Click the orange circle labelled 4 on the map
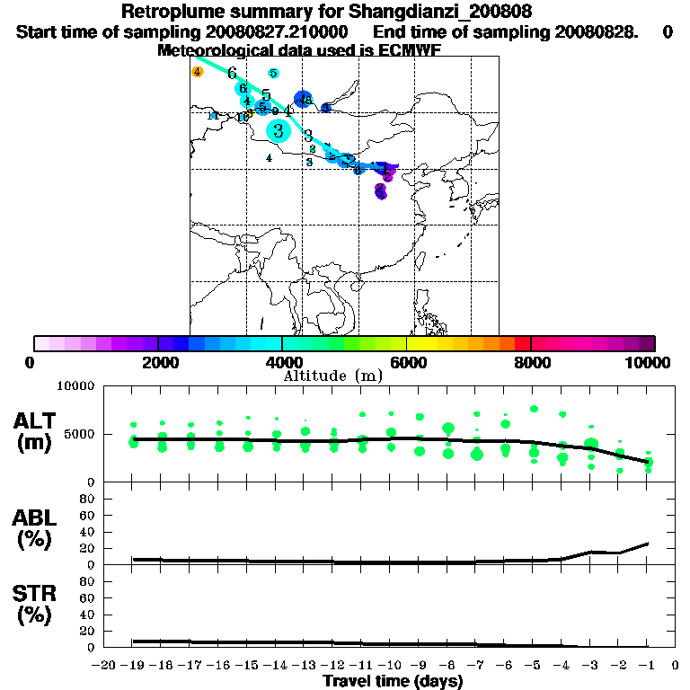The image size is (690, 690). point(198,72)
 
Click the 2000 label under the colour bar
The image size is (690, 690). point(157,362)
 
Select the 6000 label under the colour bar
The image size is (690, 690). point(406,362)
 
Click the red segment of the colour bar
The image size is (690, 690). point(523,343)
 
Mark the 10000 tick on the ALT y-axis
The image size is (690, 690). point(76,386)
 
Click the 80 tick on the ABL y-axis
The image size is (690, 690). point(89,498)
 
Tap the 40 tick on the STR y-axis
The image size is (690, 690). point(89,614)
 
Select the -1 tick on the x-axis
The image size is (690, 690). point(647,666)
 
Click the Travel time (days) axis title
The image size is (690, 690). point(393,681)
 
